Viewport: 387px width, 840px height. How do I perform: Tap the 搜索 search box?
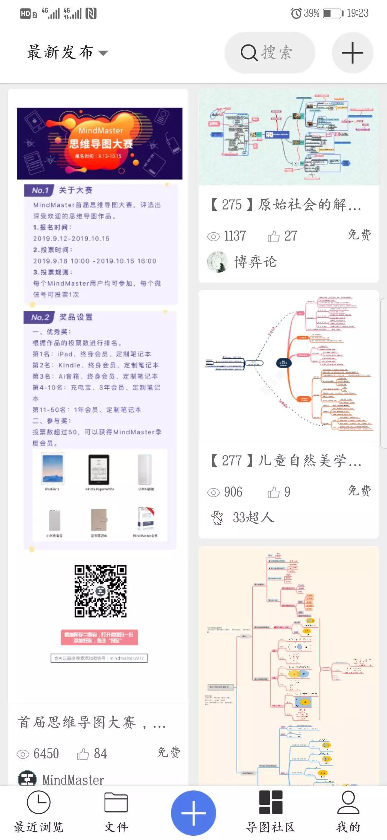tap(269, 53)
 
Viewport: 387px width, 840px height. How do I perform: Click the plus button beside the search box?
tap(352, 53)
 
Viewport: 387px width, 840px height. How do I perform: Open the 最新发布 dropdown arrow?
tap(103, 53)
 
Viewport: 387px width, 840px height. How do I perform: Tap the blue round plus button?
tap(193, 813)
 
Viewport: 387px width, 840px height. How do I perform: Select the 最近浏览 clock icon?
tap(39, 802)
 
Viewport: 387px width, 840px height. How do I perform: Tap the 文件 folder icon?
tap(116, 802)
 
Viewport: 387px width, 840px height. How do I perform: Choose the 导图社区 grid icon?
tap(271, 802)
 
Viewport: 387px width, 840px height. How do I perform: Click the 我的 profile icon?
tap(348, 802)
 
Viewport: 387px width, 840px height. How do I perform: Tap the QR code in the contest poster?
tap(100, 591)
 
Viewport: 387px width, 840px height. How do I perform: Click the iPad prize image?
tap(53, 469)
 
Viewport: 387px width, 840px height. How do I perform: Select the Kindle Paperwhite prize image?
tap(99, 470)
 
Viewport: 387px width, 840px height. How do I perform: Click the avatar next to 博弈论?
tap(217, 262)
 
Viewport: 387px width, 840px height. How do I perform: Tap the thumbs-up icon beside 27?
tap(273, 236)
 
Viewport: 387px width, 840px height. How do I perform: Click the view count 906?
tap(233, 492)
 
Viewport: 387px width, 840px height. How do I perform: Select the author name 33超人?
tap(253, 517)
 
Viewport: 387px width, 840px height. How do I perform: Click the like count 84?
tap(100, 753)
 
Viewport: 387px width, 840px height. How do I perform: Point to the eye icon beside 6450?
tap(23, 754)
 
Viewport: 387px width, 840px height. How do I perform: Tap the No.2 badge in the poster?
tap(39, 317)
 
